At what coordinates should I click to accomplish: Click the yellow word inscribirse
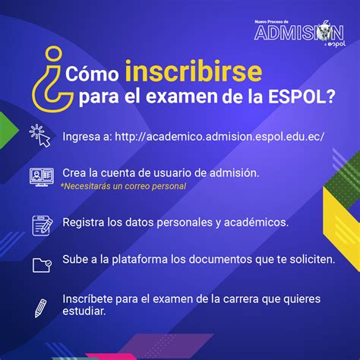[x=194, y=71]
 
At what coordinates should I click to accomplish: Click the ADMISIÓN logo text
[x=299, y=33]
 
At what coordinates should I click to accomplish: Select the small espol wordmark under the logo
[x=336, y=44]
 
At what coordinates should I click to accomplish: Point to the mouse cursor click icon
[x=40, y=136]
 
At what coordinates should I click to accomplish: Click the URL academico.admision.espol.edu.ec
[x=219, y=137]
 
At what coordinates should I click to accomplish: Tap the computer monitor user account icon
[x=42, y=177]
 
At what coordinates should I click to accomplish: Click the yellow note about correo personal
[x=124, y=186]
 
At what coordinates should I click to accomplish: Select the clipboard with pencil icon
[x=43, y=226]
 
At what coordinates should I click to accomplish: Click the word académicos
[x=256, y=223]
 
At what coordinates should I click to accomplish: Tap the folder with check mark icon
[x=42, y=265]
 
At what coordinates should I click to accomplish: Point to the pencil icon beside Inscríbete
[x=40, y=308]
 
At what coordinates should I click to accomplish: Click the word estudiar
[x=84, y=311]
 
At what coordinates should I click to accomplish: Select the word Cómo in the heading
[x=92, y=74]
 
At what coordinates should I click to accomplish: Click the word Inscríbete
[x=87, y=298]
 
